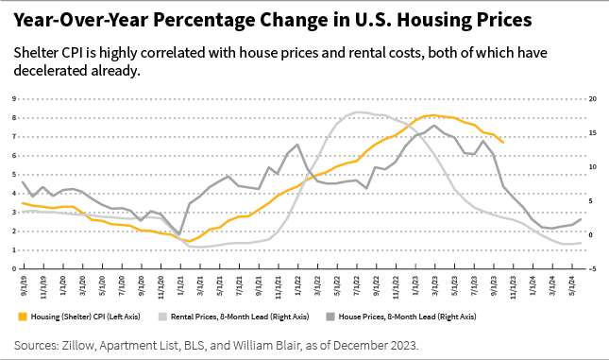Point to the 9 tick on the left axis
pos(14,98)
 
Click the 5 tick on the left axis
pos(14,175)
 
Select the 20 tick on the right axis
pos(592,98)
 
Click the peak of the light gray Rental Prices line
pos(362,111)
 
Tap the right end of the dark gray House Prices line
pos(581,219)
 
